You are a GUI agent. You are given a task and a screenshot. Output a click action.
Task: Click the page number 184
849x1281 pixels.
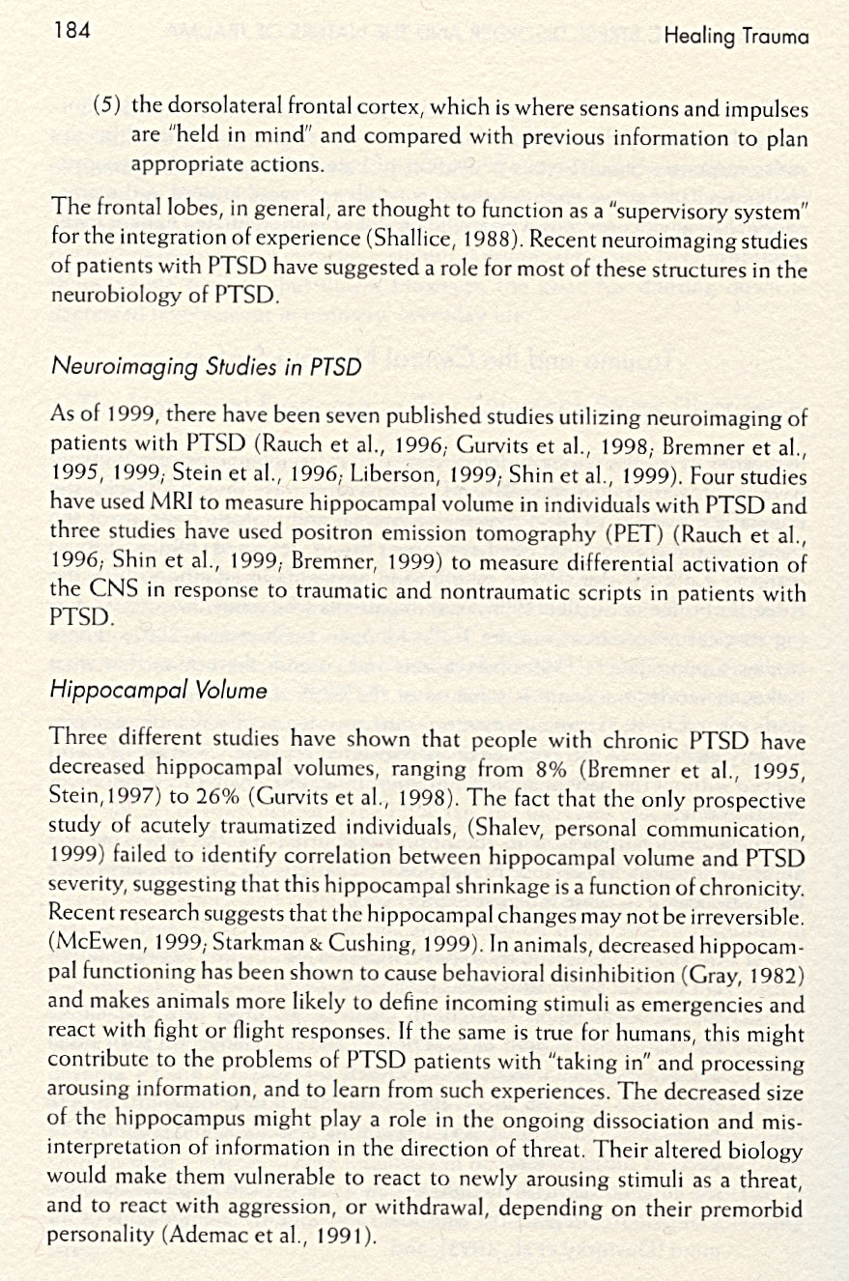tap(71, 30)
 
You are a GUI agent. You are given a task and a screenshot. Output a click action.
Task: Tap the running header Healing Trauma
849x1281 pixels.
tap(736, 38)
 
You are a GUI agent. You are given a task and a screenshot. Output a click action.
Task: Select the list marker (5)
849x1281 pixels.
tap(108, 104)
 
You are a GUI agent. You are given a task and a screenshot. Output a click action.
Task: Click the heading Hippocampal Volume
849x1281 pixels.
tap(158, 691)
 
